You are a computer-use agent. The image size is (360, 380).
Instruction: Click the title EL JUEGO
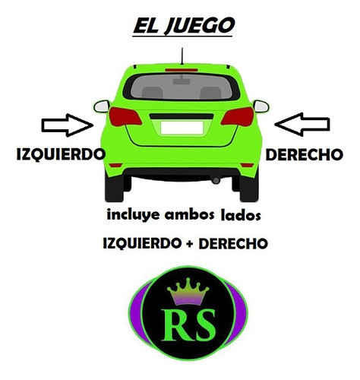184,26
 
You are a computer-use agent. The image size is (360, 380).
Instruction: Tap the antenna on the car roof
182,56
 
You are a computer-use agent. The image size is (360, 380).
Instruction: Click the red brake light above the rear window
182,70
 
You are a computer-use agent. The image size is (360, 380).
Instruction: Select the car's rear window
182,87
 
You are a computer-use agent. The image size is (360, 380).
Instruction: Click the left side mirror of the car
102,106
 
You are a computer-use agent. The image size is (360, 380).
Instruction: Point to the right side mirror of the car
261,106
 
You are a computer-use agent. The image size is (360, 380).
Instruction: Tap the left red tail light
125,116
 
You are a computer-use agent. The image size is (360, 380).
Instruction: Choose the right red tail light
238,116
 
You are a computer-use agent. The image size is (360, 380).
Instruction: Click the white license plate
182,128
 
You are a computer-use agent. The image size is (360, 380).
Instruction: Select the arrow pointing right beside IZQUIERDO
68,125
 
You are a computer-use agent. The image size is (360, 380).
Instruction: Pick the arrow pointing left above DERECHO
302,125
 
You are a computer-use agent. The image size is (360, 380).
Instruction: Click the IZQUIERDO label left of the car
61,154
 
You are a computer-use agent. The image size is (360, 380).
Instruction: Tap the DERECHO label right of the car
305,154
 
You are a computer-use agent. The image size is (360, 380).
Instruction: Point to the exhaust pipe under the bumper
216,180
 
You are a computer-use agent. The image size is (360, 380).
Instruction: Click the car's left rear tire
115,188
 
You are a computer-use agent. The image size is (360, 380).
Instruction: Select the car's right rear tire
249,188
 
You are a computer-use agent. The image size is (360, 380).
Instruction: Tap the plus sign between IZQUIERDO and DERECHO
190,244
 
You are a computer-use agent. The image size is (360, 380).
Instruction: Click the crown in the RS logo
188,292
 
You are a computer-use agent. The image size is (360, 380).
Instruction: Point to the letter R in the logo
175,325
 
